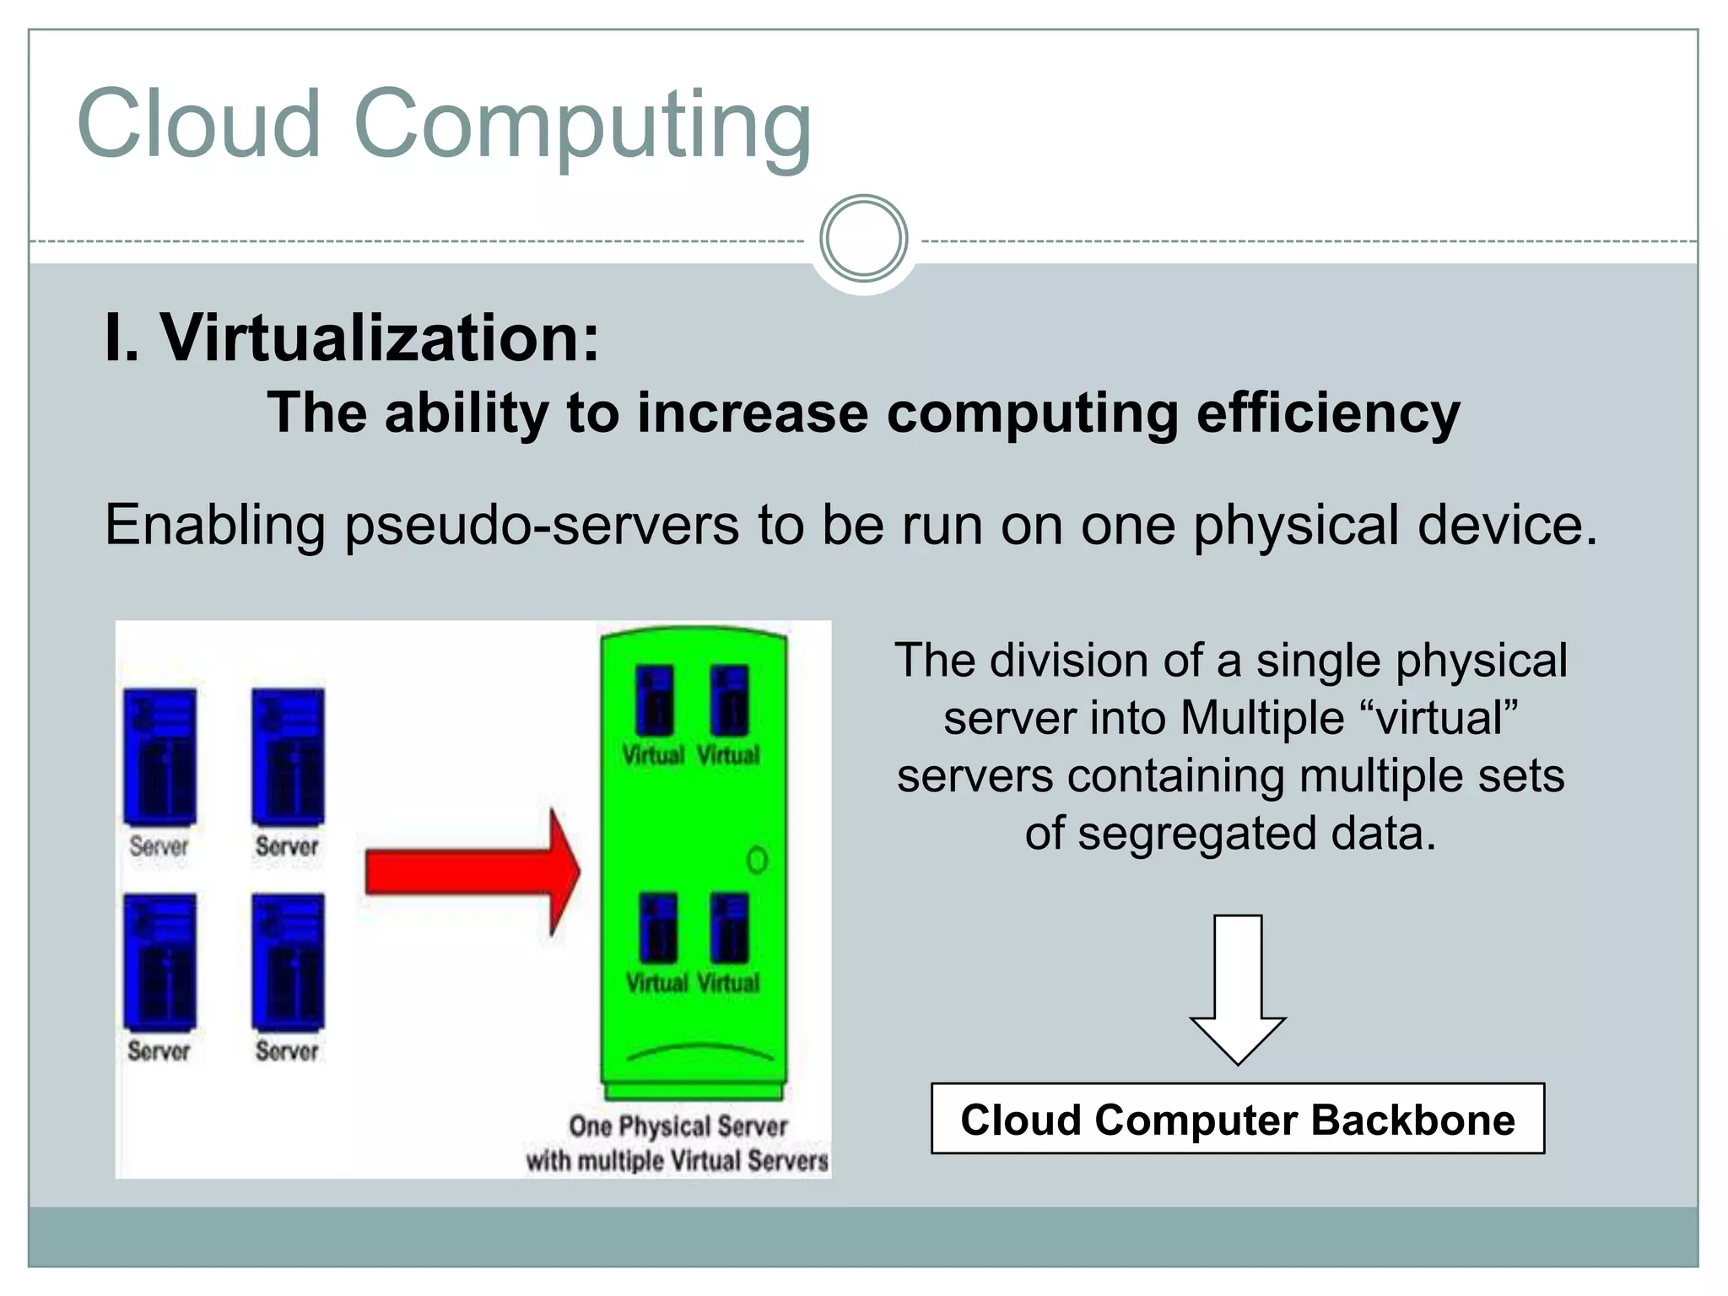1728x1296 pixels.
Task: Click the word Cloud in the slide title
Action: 199,124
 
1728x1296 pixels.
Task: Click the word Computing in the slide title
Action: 582,127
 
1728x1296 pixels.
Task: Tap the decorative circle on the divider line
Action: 863,239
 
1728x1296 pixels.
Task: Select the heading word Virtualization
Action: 380,337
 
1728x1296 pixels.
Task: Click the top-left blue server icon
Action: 160,756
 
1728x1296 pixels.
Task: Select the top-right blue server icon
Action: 288,756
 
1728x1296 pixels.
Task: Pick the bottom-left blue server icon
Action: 160,961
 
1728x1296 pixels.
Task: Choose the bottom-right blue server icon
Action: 288,961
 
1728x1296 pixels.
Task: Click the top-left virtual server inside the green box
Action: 655,700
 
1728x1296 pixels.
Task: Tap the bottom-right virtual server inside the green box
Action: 729,928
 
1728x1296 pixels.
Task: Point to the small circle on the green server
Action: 757,861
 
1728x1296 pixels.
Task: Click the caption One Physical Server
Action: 678,1126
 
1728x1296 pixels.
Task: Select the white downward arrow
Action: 1238,987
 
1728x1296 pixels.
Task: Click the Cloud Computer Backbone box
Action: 1238,1119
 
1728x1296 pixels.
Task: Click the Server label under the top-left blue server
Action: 159,846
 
